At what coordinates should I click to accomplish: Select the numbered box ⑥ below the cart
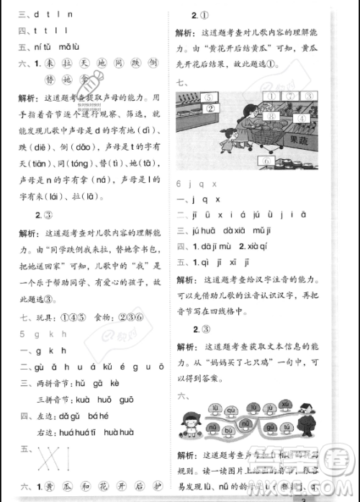pyautogui.click(x=269, y=159)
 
